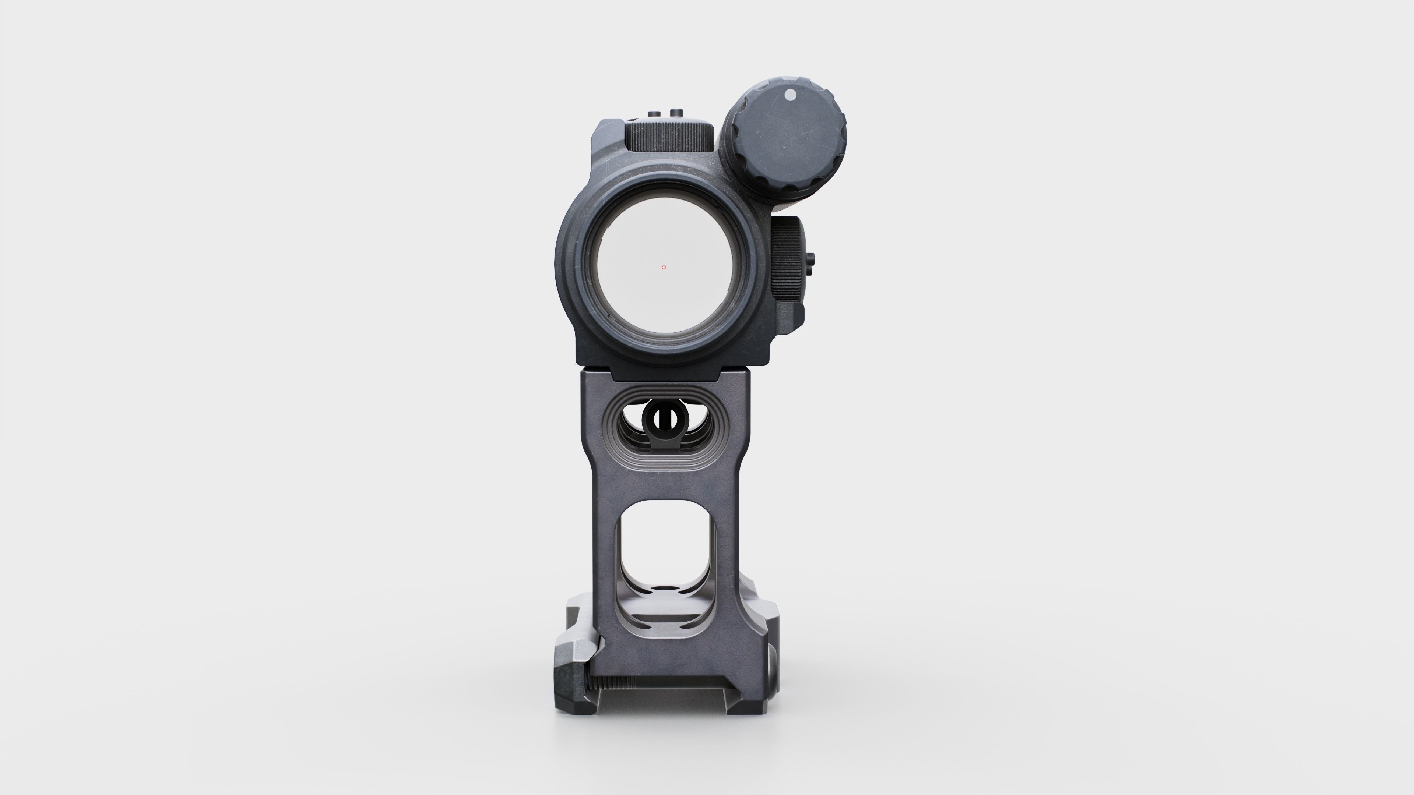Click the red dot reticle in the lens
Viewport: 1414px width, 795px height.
(x=664, y=267)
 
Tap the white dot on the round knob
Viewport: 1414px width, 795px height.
(x=791, y=95)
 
